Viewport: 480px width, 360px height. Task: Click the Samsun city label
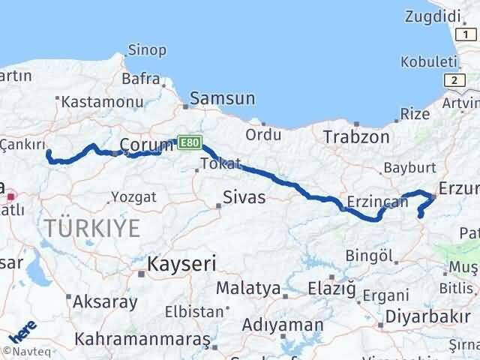[223, 98]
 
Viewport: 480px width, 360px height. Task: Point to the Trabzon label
[356, 136]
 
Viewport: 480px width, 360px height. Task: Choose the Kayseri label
[182, 264]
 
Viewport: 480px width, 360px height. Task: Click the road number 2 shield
[454, 79]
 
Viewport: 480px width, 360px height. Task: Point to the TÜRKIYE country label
[91, 227]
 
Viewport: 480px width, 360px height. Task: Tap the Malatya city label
[247, 288]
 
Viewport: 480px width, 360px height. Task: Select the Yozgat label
[133, 196]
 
